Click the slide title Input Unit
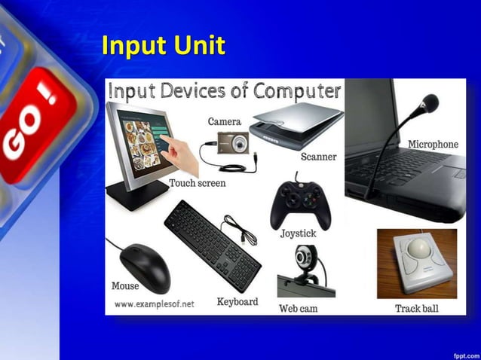coord(163,46)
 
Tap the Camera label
coord(224,121)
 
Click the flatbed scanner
coord(296,124)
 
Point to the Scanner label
coord(318,157)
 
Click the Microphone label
coord(433,144)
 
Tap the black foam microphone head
coord(430,102)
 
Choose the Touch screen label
coord(197,183)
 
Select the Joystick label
coord(298,233)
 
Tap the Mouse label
coord(125,286)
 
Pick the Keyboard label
coord(237,301)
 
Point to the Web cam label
coord(298,308)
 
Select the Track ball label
coord(416,308)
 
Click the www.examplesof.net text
coord(154,304)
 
